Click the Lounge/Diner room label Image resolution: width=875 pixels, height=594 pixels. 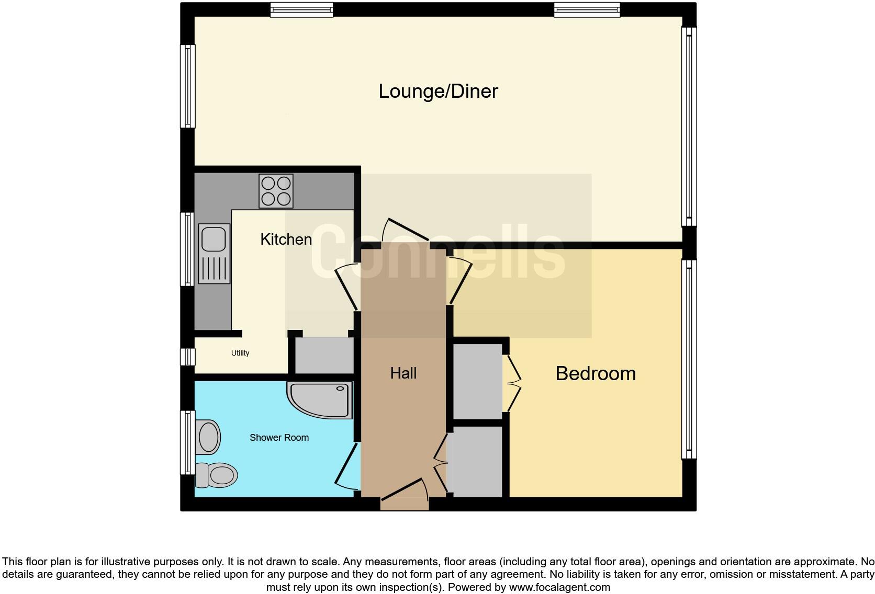438,92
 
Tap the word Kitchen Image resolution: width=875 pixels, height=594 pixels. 286,239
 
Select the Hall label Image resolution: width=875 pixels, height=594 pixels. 403,373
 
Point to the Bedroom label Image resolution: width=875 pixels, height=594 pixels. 596,373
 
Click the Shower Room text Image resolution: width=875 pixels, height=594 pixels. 279,438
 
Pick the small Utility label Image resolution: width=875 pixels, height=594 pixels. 240,353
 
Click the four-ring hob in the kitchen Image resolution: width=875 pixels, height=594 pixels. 276,191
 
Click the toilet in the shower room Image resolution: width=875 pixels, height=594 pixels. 216,475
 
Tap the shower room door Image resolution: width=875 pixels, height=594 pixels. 346,466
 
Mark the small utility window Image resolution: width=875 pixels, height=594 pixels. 187,357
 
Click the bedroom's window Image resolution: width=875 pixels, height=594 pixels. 689,359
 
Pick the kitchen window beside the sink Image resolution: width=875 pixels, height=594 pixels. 187,249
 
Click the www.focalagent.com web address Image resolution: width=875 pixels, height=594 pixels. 559,587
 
